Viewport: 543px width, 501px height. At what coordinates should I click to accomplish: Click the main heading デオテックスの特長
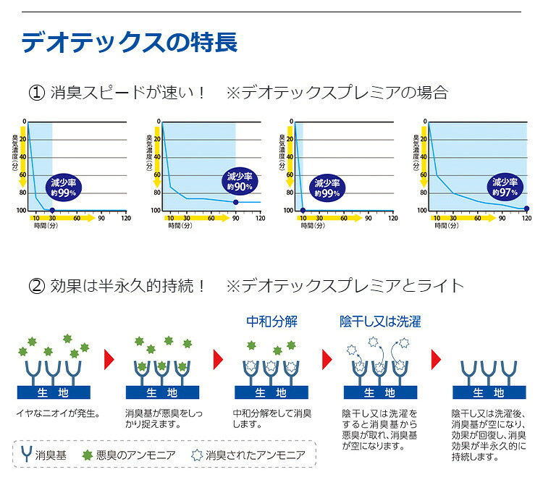click(x=130, y=42)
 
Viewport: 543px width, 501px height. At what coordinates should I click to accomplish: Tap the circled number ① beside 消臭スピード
click(x=37, y=93)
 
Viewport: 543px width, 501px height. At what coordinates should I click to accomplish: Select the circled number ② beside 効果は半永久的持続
click(x=37, y=286)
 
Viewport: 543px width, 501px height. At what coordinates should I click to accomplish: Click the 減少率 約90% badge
click(x=240, y=182)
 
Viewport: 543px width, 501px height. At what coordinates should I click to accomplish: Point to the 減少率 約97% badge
click(x=505, y=188)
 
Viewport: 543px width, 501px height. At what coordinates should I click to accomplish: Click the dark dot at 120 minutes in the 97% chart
click(x=526, y=209)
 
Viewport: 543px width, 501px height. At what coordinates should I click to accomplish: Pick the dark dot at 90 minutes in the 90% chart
click(x=236, y=202)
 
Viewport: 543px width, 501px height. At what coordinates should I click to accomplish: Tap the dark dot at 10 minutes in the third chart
click(x=303, y=210)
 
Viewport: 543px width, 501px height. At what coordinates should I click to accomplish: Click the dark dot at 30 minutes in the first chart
click(x=52, y=210)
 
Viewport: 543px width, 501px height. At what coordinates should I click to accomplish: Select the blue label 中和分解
click(x=271, y=321)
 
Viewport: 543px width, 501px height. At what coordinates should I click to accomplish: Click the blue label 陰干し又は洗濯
click(x=380, y=321)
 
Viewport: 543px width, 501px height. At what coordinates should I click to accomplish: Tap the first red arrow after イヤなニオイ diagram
click(x=109, y=359)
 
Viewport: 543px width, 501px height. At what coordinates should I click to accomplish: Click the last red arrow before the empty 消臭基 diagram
click(x=436, y=359)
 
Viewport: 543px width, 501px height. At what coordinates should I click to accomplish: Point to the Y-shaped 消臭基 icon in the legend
click(x=27, y=454)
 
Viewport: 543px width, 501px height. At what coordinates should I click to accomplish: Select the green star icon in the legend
click(x=88, y=455)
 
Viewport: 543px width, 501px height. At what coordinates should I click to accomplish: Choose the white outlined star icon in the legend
click(x=197, y=455)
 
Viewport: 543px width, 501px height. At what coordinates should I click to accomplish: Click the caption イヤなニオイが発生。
click(x=58, y=413)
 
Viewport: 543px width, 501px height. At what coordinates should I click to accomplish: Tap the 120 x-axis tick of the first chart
click(x=126, y=218)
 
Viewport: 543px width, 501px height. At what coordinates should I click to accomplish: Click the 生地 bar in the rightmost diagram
click(x=489, y=392)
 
